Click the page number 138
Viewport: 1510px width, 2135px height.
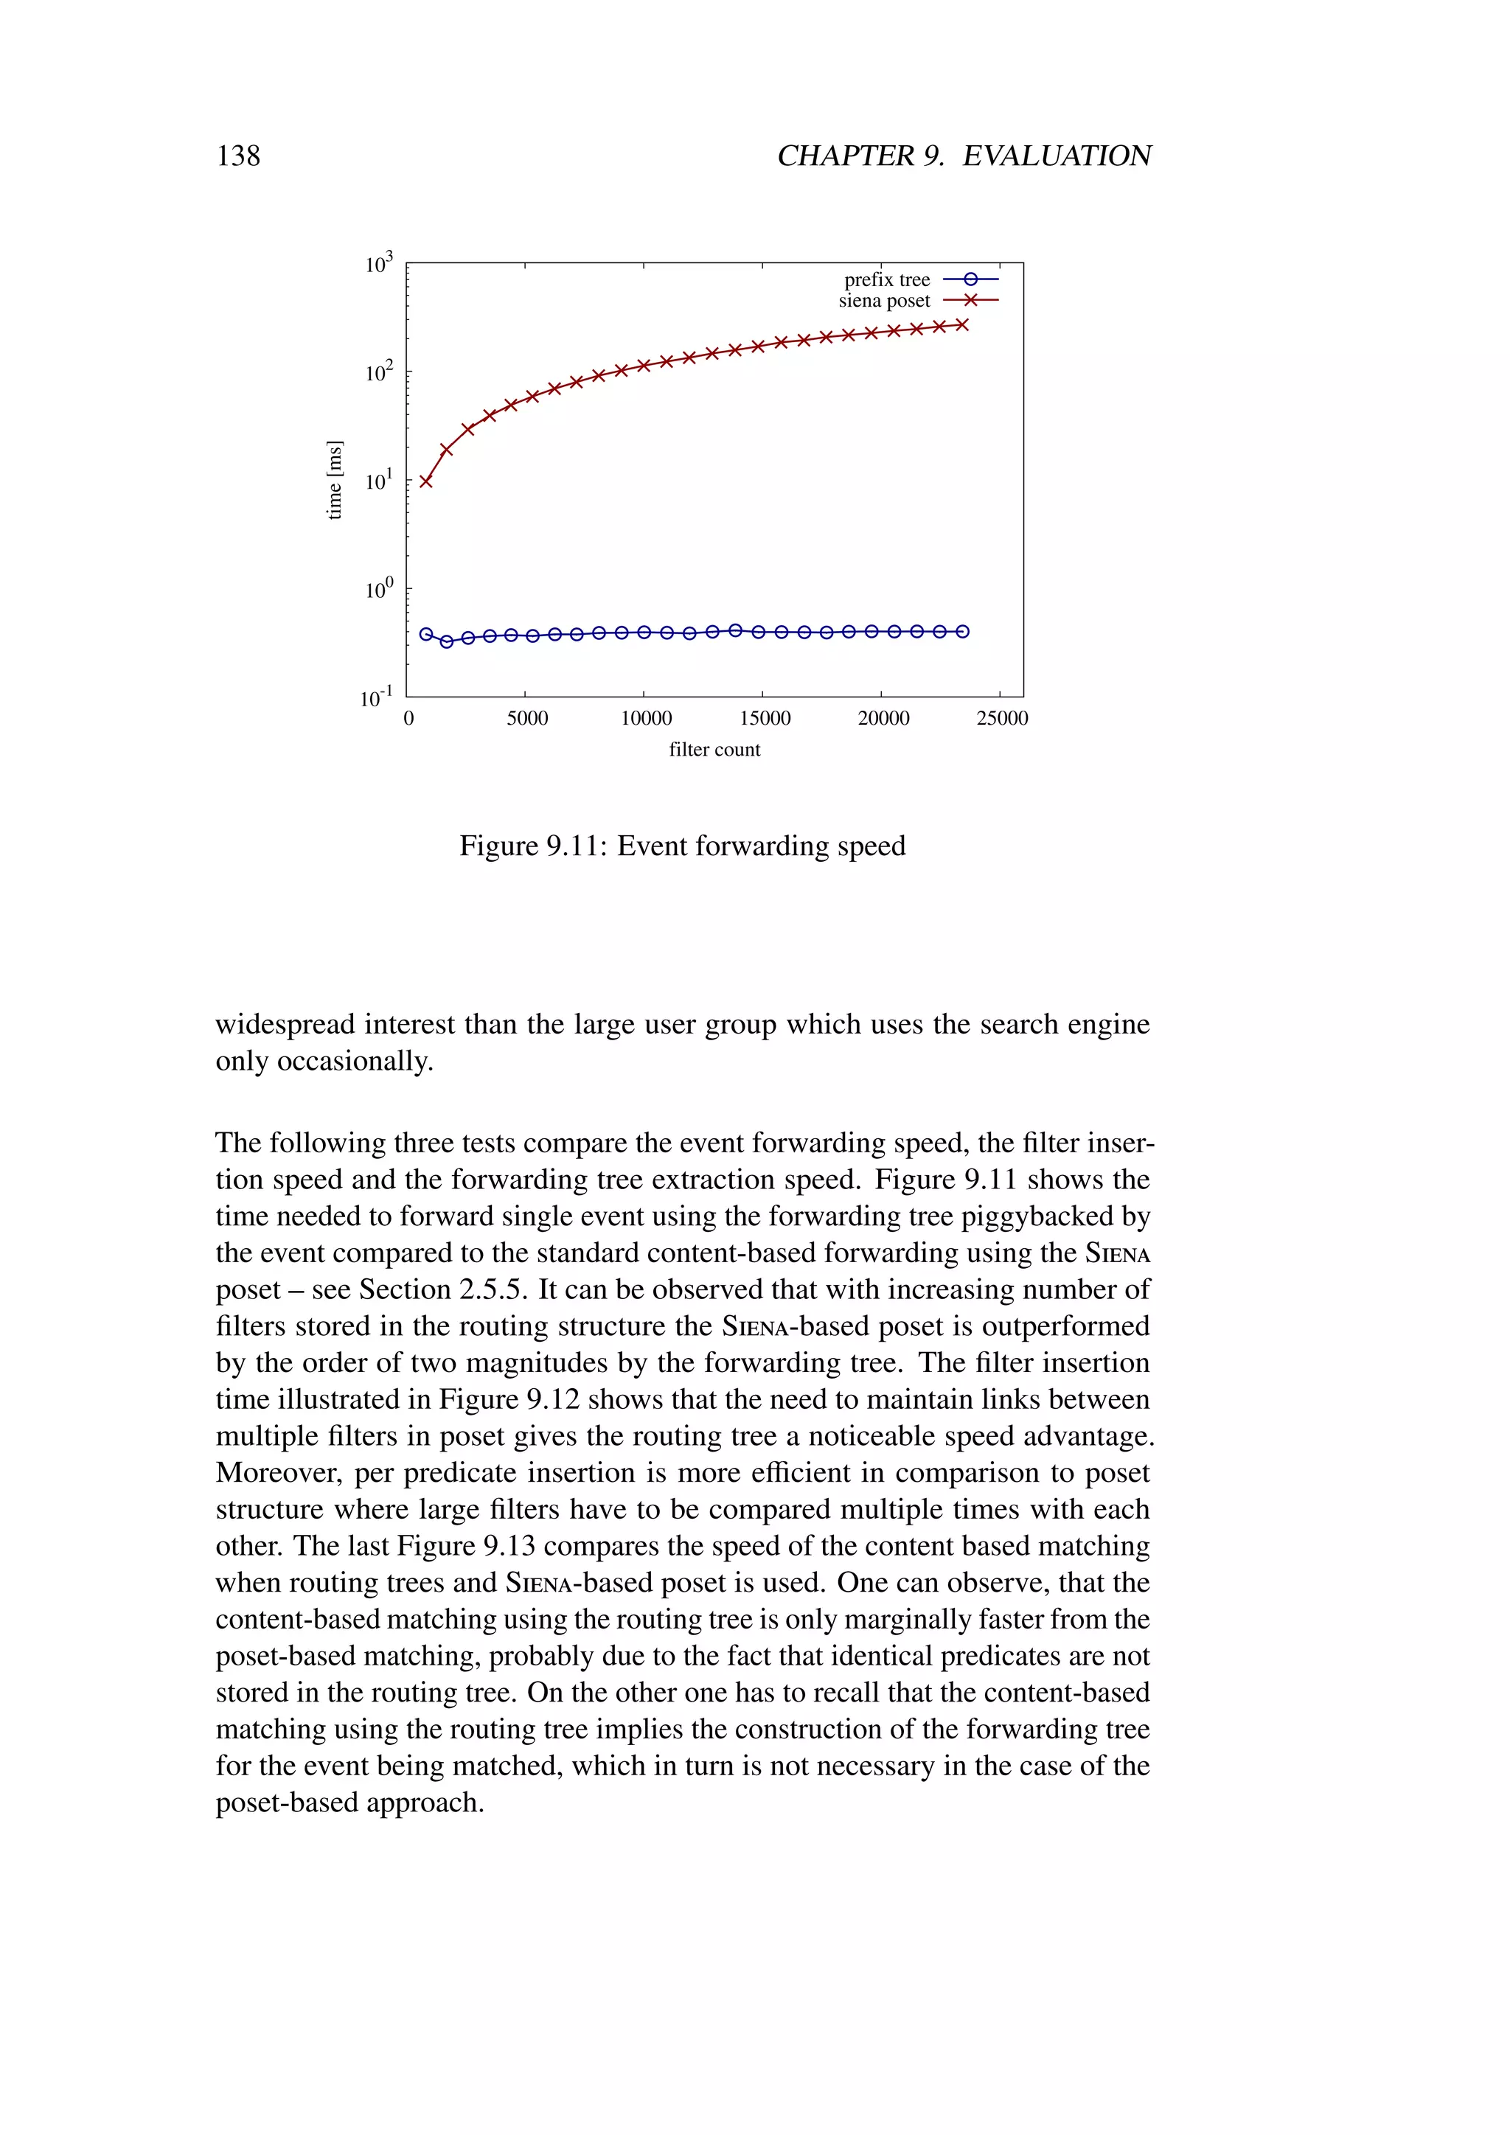click(x=238, y=156)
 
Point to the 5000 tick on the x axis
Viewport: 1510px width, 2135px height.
click(x=526, y=718)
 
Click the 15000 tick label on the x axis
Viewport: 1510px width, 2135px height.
click(x=765, y=718)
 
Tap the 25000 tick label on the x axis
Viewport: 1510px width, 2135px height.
click(x=1001, y=718)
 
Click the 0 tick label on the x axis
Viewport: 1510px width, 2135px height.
click(x=408, y=718)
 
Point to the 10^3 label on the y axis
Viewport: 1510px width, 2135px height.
click(x=378, y=264)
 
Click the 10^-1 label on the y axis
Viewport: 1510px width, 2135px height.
click(x=377, y=697)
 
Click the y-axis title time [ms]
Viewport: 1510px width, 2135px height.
click(x=335, y=480)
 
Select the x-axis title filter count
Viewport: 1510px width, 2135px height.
click(x=714, y=750)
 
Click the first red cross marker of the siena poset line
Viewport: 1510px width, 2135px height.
click(x=426, y=481)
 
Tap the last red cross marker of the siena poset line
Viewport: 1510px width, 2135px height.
click(x=962, y=324)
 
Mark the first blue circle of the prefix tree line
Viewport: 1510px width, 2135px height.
click(x=426, y=634)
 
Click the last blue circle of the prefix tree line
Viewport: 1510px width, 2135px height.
click(x=962, y=631)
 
